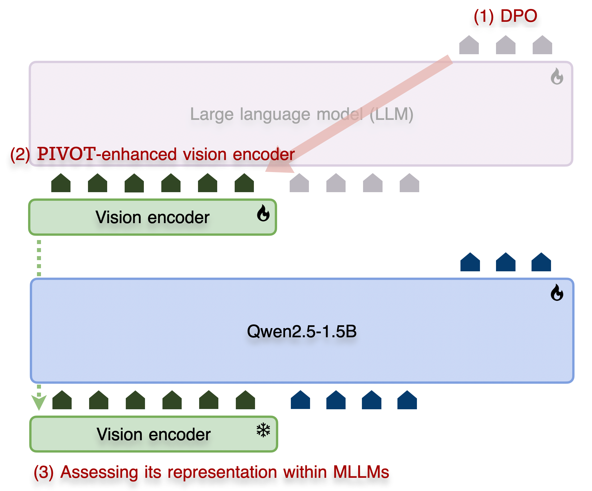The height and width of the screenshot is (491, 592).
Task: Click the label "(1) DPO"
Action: tap(505, 16)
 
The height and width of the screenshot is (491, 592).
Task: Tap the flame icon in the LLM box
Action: tap(557, 76)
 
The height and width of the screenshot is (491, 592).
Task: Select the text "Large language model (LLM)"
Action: tap(301, 114)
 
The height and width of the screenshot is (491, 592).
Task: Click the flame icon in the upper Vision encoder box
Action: tap(263, 213)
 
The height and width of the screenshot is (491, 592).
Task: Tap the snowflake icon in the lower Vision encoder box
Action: tap(263, 430)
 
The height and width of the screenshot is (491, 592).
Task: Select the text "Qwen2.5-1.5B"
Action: tap(302, 331)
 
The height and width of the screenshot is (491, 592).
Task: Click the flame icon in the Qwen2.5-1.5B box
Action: tap(557, 293)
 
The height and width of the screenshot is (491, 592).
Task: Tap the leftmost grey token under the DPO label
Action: tap(469, 45)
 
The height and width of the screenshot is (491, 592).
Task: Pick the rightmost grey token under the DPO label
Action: tap(542, 45)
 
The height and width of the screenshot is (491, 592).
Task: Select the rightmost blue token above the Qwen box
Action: tap(541, 262)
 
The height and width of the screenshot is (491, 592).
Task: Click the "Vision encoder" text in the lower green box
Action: tap(154, 434)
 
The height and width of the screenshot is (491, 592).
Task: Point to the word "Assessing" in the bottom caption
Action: tap(99, 472)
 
